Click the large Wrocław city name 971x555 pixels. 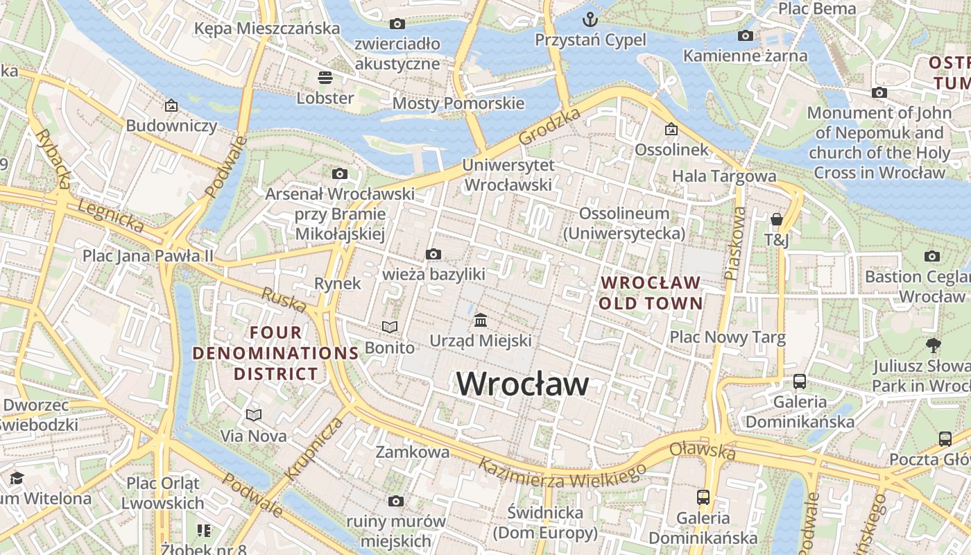(523, 384)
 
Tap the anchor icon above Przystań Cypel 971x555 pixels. (590, 19)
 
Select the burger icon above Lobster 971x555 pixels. (325, 77)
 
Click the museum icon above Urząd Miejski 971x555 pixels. (481, 320)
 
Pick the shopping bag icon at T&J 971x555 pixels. (777, 219)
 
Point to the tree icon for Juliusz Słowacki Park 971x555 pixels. (934, 344)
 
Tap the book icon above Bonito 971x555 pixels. (390, 327)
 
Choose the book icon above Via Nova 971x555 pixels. (254, 415)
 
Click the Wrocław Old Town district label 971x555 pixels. (651, 293)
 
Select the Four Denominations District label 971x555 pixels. (275, 353)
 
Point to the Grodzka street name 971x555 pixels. (549, 128)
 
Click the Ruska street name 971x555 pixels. (284, 300)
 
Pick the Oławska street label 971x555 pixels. (703, 450)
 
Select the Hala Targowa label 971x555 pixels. (724, 176)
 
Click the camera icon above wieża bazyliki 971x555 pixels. (433, 254)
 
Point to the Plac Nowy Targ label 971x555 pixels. (727, 338)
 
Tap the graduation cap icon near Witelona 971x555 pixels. (17, 478)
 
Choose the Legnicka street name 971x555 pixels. (110, 216)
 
